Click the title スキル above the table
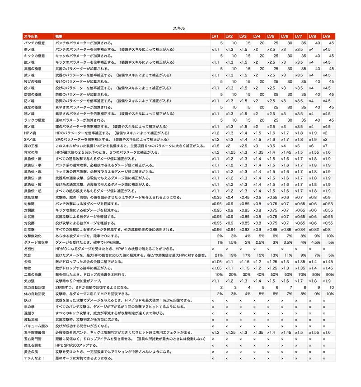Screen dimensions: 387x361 click(179, 28)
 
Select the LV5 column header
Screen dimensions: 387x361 click(271, 36)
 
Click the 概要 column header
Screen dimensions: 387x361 click(59, 36)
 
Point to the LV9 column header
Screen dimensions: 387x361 click(327, 36)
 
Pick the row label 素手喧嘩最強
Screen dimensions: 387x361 click(33, 332)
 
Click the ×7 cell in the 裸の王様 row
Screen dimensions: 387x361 click(325, 146)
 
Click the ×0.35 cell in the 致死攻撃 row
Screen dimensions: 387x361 click(216, 197)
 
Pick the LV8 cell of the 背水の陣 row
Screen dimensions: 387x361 click(314, 152)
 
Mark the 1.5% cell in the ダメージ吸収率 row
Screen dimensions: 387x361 click(232, 242)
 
